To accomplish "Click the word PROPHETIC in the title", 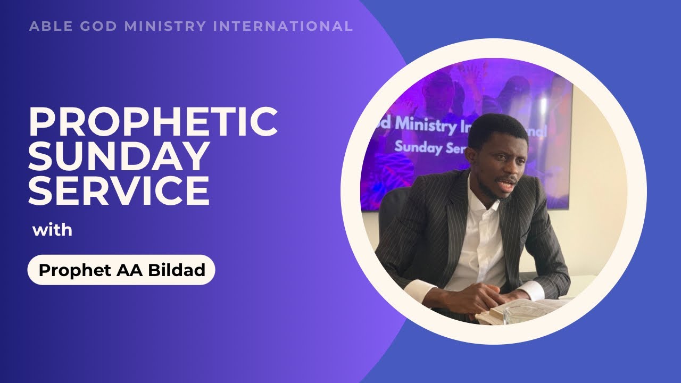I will click(153, 122).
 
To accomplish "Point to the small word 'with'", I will click(52, 231).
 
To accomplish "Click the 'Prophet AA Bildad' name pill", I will click(121, 270).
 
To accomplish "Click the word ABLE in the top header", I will click(47, 26).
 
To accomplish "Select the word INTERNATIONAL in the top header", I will click(283, 26).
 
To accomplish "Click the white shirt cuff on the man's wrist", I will click(532, 291).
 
